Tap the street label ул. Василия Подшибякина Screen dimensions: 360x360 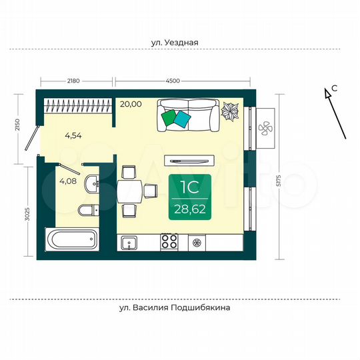(175, 309)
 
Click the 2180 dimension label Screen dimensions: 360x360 (73, 81)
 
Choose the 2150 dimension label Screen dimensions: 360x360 (27, 125)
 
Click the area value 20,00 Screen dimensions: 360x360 (131, 104)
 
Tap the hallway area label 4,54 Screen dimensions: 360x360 (73, 136)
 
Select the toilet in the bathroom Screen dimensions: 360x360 (87, 211)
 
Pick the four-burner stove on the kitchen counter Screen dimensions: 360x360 (169, 242)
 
